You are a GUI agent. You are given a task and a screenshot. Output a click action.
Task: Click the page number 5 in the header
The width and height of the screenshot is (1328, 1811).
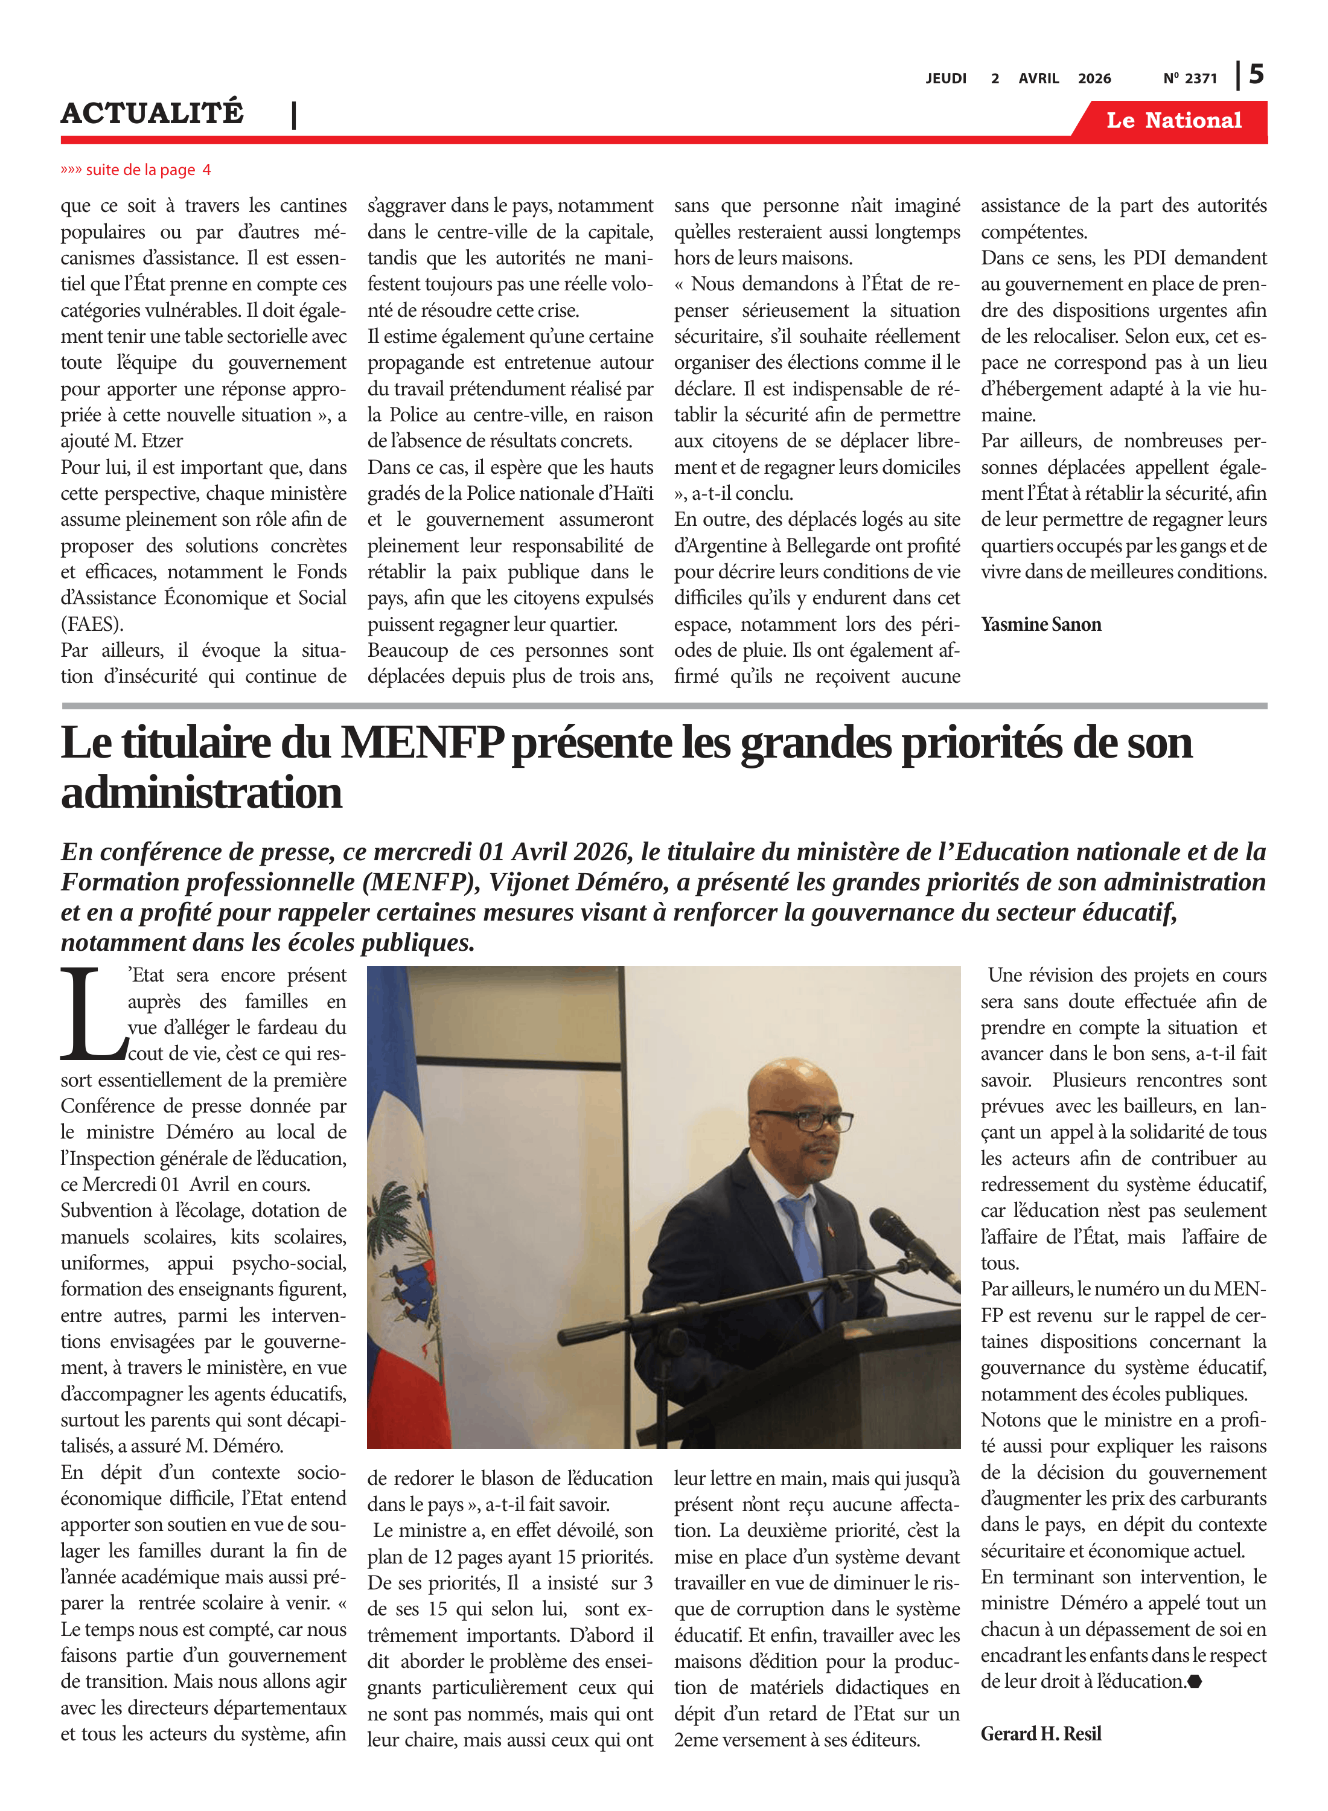pos(1256,75)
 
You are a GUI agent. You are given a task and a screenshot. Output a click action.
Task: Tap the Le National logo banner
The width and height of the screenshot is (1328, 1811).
pos(1173,121)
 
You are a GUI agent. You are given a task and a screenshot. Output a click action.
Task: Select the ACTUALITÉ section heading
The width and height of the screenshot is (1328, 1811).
pos(152,113)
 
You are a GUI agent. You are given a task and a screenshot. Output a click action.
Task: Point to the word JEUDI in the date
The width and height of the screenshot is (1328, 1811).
pos(945,78)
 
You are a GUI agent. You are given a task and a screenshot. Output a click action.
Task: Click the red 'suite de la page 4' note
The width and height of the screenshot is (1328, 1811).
pos(136,170)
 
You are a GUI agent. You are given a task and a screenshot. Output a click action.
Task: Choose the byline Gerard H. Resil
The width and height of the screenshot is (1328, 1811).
pos(1040,1734)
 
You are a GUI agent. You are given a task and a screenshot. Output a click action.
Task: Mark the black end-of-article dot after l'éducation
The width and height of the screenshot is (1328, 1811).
pos(1195,1682)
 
